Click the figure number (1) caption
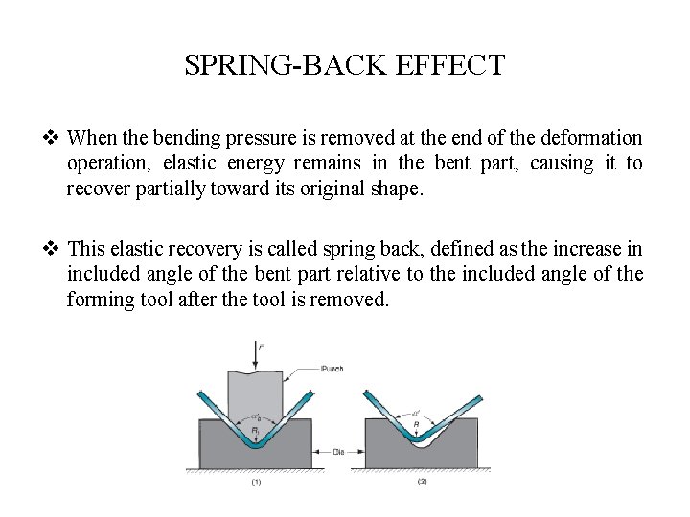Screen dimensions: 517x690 tap(255, 483)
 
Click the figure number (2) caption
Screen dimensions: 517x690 tap(396, 483)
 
